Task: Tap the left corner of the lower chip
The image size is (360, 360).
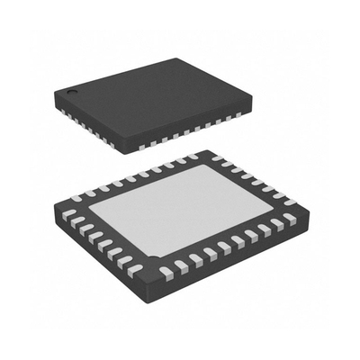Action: [x=61, y=218]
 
